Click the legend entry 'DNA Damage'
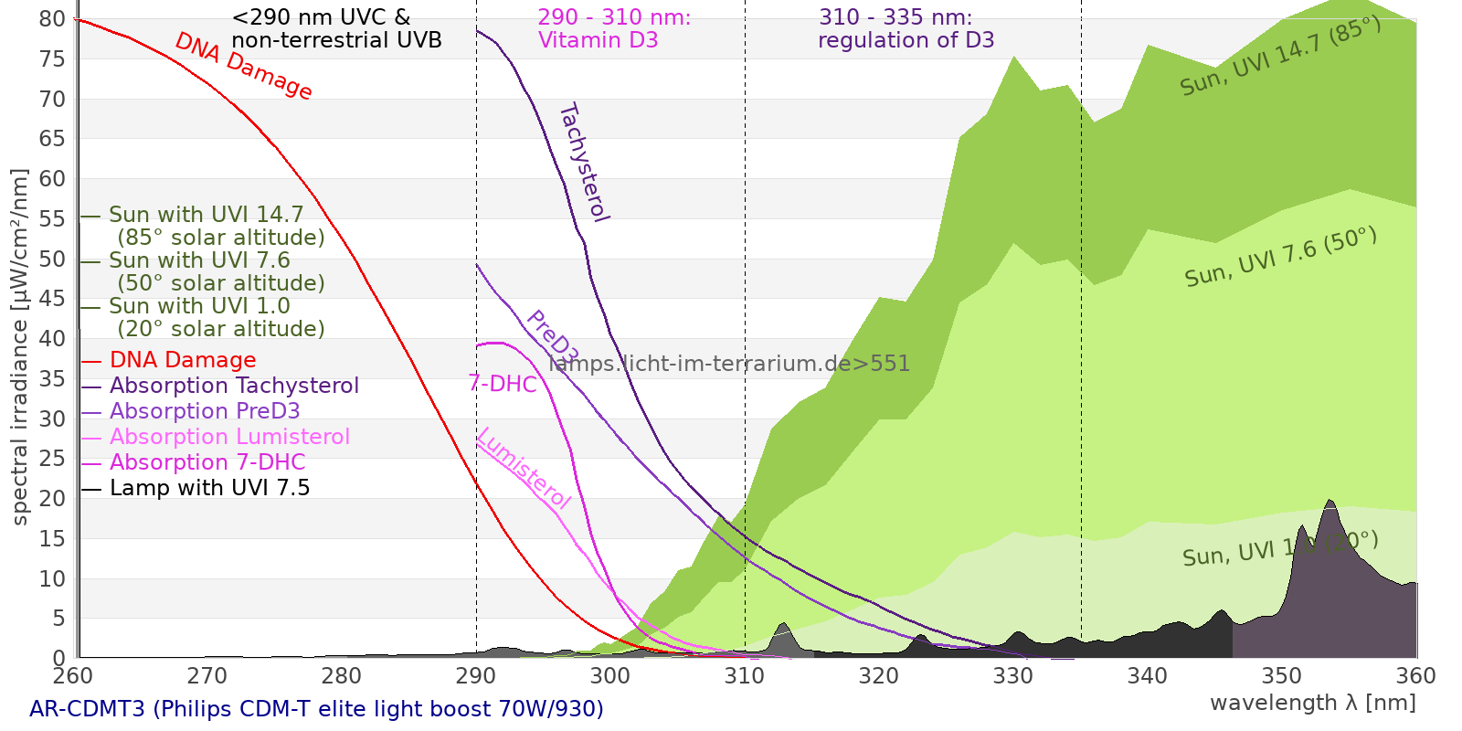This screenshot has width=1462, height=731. tap(183, 360)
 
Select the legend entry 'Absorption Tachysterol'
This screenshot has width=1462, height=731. tap(234, 386)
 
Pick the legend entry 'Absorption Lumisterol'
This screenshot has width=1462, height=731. tap(229, 437)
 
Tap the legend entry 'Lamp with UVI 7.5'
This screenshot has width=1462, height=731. tap(209, 488)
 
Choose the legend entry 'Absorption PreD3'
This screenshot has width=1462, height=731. tap(205, 411)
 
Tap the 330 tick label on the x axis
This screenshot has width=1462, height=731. tap(1012, 676)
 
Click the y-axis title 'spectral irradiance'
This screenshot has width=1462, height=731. tap(20, 347)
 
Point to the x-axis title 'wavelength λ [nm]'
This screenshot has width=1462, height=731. tap(1312, 703)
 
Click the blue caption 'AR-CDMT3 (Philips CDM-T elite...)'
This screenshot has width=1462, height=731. tap(316, 709)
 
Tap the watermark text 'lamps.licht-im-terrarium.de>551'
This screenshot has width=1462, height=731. tap(729, 364)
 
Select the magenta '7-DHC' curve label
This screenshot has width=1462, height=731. tap(503, 384)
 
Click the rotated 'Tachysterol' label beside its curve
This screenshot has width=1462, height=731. tap(583, 163)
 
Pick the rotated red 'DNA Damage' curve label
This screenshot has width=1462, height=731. tap(243, 66)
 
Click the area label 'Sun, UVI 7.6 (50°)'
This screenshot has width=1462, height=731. tap(1280, 258)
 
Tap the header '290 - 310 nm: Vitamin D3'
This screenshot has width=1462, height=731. tap(614, 29)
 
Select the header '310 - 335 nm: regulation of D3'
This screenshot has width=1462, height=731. tap(906, 29)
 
